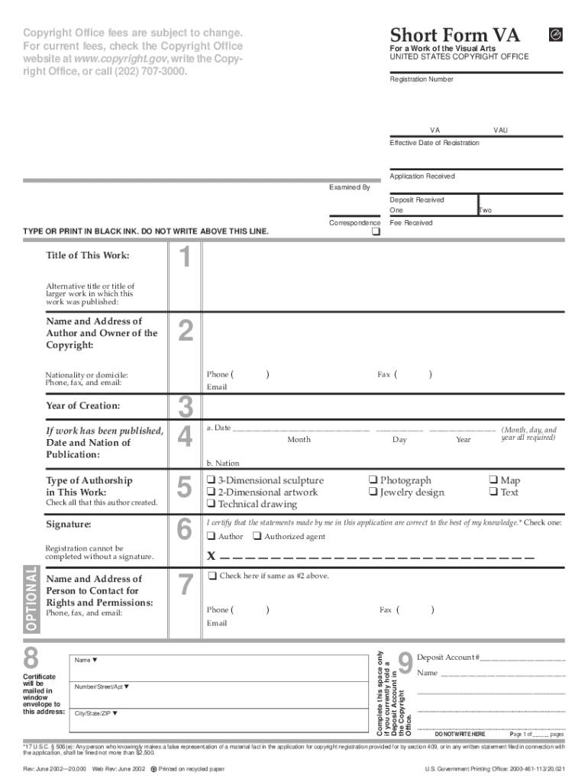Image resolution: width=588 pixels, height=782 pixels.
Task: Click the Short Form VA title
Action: pyautogui.click(x=455, y=34)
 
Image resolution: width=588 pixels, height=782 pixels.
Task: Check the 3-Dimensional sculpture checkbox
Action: pyautogui.click(x=211, y=480)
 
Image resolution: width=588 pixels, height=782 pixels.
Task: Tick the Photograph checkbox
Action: pyautogui.click(x=373, y=480)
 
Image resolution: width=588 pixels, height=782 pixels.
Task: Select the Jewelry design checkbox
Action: pyautogui.click(x=373, y=493)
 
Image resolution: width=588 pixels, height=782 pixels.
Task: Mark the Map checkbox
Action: pyautogui.click(x=493, y=480)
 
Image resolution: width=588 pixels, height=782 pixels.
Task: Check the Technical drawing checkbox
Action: pyautogui.click(x=211, y=505)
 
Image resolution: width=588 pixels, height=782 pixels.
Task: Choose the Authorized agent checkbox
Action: pyautogui.click(x=257, y=537)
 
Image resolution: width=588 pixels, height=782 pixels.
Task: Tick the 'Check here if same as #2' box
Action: pyautogui.click(x=212, y=575)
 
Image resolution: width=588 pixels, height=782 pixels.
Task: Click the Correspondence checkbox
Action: pyautogui.click(x=375, y=232)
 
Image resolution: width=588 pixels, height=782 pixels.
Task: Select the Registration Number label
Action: pyautogui.click(x=422, y=79)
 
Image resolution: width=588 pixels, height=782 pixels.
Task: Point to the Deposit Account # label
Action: pyautogui.click(x=448, y=658)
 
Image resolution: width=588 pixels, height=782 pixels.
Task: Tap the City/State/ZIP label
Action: pyautogui.click(x=96, y=714)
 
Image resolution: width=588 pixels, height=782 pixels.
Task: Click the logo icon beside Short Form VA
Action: pyautogui.click(x=556, y=34)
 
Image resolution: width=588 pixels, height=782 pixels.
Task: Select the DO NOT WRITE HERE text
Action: pyautogui.click(x=460, y=734)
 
